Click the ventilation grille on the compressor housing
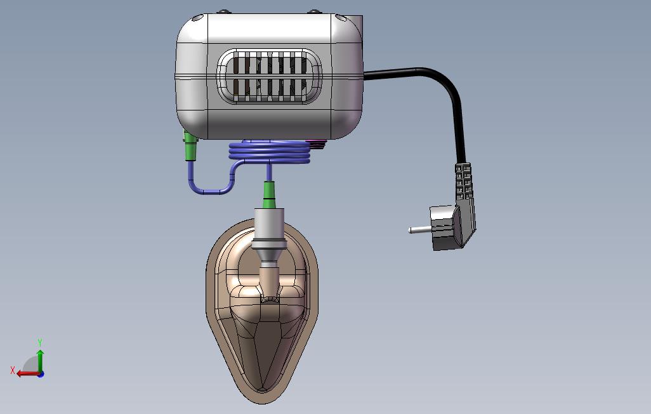click(269, 76)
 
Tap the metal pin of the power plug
click(420, 229)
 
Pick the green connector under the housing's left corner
click(190, 145)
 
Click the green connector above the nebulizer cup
click(269, 194)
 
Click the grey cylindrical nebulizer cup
click(269, 229)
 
